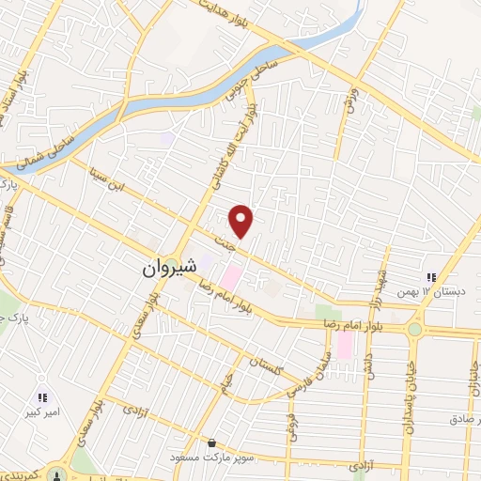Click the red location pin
(242, 221)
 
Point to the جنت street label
(223, 241)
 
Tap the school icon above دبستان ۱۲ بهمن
(431, 277)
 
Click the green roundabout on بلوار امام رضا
(414, 329)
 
